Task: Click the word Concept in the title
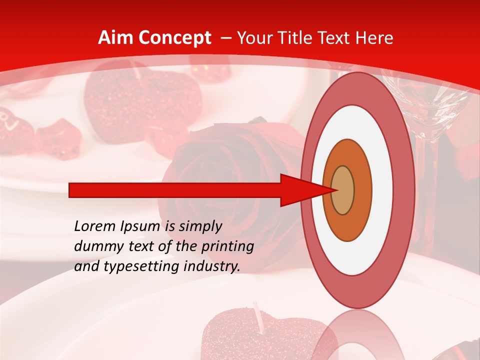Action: [173, 38]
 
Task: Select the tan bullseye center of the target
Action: [343, 190]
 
